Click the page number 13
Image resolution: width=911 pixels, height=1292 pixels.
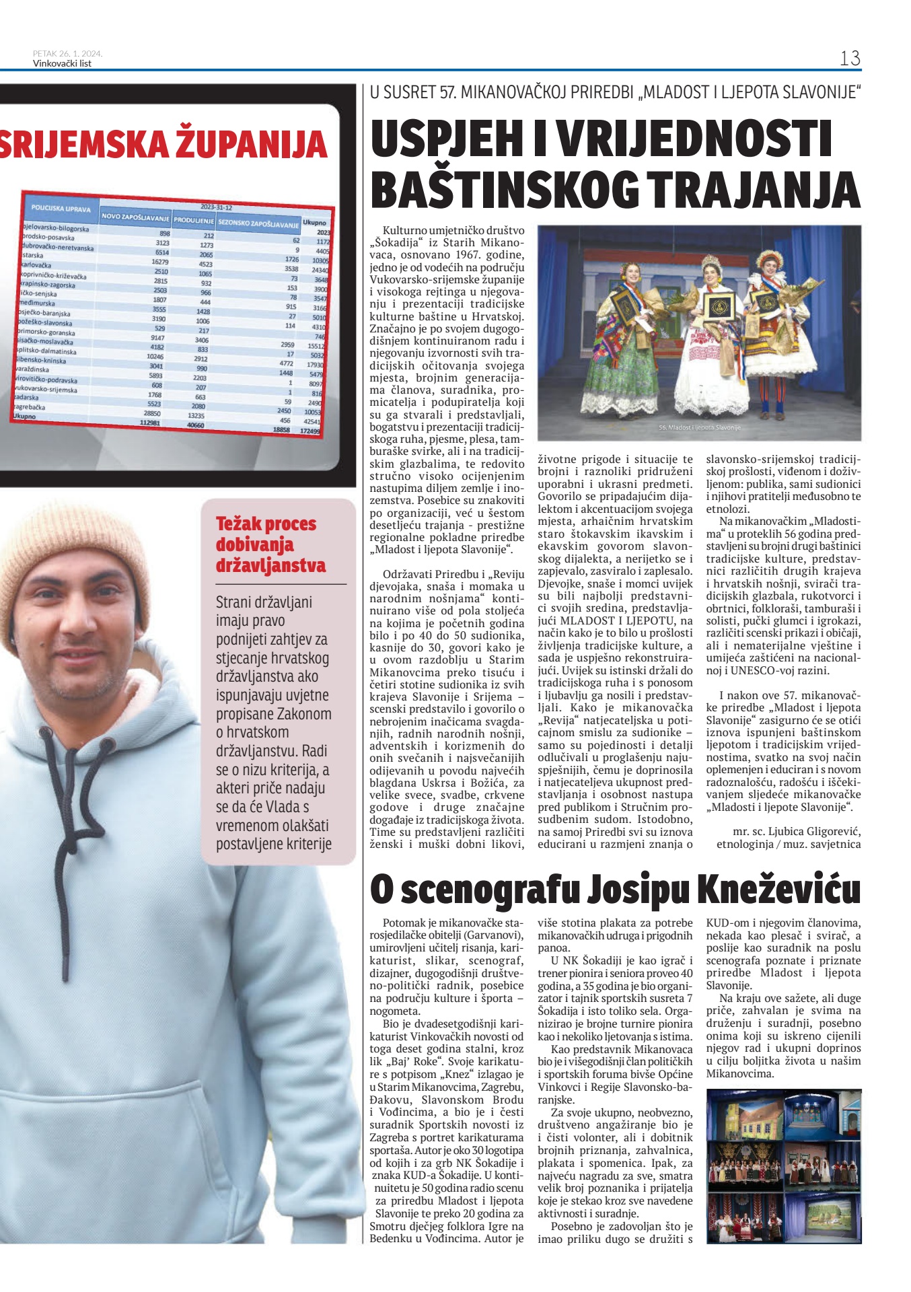tap(850, 59)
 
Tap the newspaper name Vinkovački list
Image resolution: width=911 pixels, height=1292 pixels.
tap(62, 64)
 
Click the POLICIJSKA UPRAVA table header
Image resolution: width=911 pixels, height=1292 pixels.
tap(61, 209)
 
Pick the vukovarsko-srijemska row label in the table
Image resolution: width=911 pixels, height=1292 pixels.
tap(47, 389)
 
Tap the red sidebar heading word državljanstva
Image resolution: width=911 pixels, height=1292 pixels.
tap(270, 565)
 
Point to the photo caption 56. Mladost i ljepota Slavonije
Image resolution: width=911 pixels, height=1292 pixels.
tap(699, 428)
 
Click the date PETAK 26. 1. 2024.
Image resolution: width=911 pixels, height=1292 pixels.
tap(67, 54)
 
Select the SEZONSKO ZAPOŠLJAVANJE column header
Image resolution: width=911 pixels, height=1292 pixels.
tap(258, 223)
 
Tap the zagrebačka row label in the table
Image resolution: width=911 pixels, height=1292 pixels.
tap(30, 407)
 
